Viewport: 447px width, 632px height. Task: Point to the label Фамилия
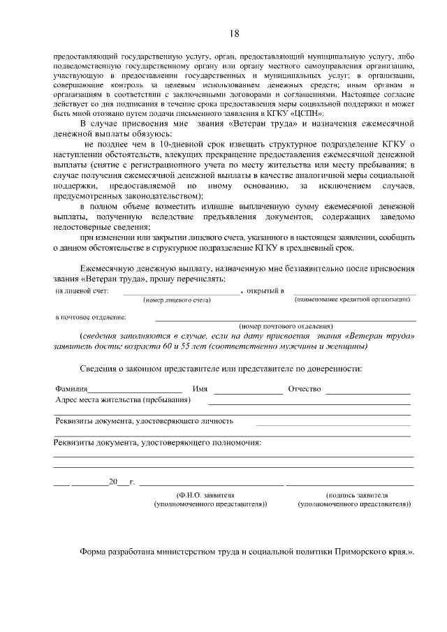(x=71, y=389)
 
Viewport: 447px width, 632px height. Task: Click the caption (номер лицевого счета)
(x=181, y=300)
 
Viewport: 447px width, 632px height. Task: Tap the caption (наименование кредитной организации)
(x=352, y=300)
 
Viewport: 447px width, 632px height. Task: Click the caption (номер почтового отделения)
(x=285, y=326)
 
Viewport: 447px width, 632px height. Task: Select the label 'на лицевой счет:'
(x=82, y=291)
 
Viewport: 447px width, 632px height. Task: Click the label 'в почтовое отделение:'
(x=91, y=317)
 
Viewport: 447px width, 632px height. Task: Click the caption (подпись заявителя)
(x=352, y=494)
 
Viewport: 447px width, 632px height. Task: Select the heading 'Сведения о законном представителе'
(x=220, y=367)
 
